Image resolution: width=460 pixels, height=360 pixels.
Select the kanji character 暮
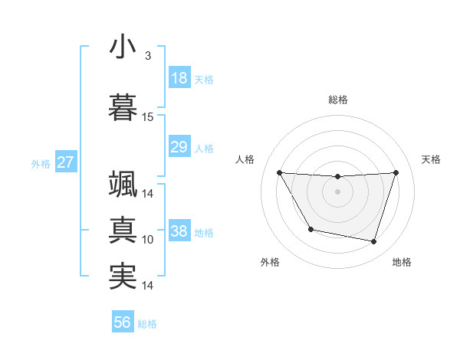(123, 106)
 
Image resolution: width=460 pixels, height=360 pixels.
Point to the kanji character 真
(123, 229)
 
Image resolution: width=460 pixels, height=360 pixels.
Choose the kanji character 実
(123, 276)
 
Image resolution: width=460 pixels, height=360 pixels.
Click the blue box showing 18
(179, 78)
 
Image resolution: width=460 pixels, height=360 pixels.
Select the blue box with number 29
(179, 146)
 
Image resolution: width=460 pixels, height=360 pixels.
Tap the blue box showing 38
(179, 232)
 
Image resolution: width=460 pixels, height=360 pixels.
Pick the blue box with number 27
(66, 162)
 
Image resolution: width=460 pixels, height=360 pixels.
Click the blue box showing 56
(123, 322)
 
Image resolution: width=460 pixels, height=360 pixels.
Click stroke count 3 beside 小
(147, 56)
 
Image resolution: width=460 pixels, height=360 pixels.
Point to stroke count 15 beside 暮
(148, 117)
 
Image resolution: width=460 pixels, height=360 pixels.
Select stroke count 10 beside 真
(148, 240)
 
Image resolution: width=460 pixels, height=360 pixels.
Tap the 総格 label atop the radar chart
(337, 100)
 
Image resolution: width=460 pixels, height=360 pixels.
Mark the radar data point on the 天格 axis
(396, 172)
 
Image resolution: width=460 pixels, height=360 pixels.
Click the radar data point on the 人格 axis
(279, 172)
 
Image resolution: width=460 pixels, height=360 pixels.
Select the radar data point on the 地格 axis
(373, 241)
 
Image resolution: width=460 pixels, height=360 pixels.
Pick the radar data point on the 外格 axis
(310, 229)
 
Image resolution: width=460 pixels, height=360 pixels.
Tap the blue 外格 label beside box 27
(40, 163)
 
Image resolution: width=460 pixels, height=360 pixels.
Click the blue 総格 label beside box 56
(147, 323)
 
